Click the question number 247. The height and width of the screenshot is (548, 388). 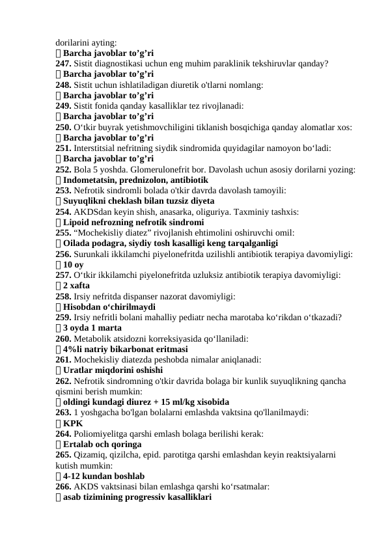coord(63,64)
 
